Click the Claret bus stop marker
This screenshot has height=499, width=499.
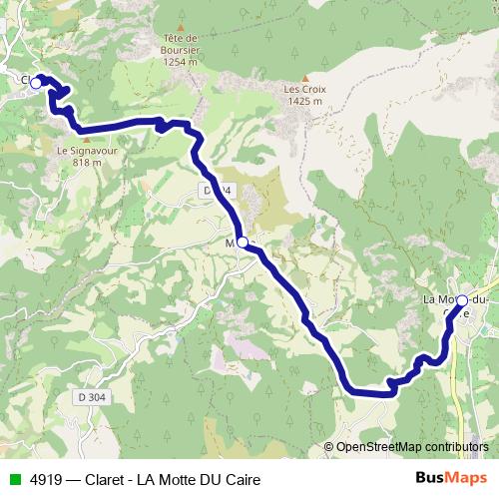coord(36,83)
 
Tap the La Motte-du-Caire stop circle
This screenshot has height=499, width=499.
coord(461,300)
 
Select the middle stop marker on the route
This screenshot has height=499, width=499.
coord(243,242)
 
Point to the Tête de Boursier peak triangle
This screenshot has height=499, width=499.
coord(182,27)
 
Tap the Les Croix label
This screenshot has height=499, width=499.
coord(304,89)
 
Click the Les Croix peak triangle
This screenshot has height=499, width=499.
coord(304,77)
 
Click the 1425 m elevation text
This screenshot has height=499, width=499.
coord(304,101)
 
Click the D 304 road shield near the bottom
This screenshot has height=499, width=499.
coord(90,397)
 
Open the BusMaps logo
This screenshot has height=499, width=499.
coord(450,479)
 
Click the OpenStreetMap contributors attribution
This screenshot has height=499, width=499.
coord(412,447)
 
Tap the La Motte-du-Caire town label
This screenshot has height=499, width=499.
coord(455,299)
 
